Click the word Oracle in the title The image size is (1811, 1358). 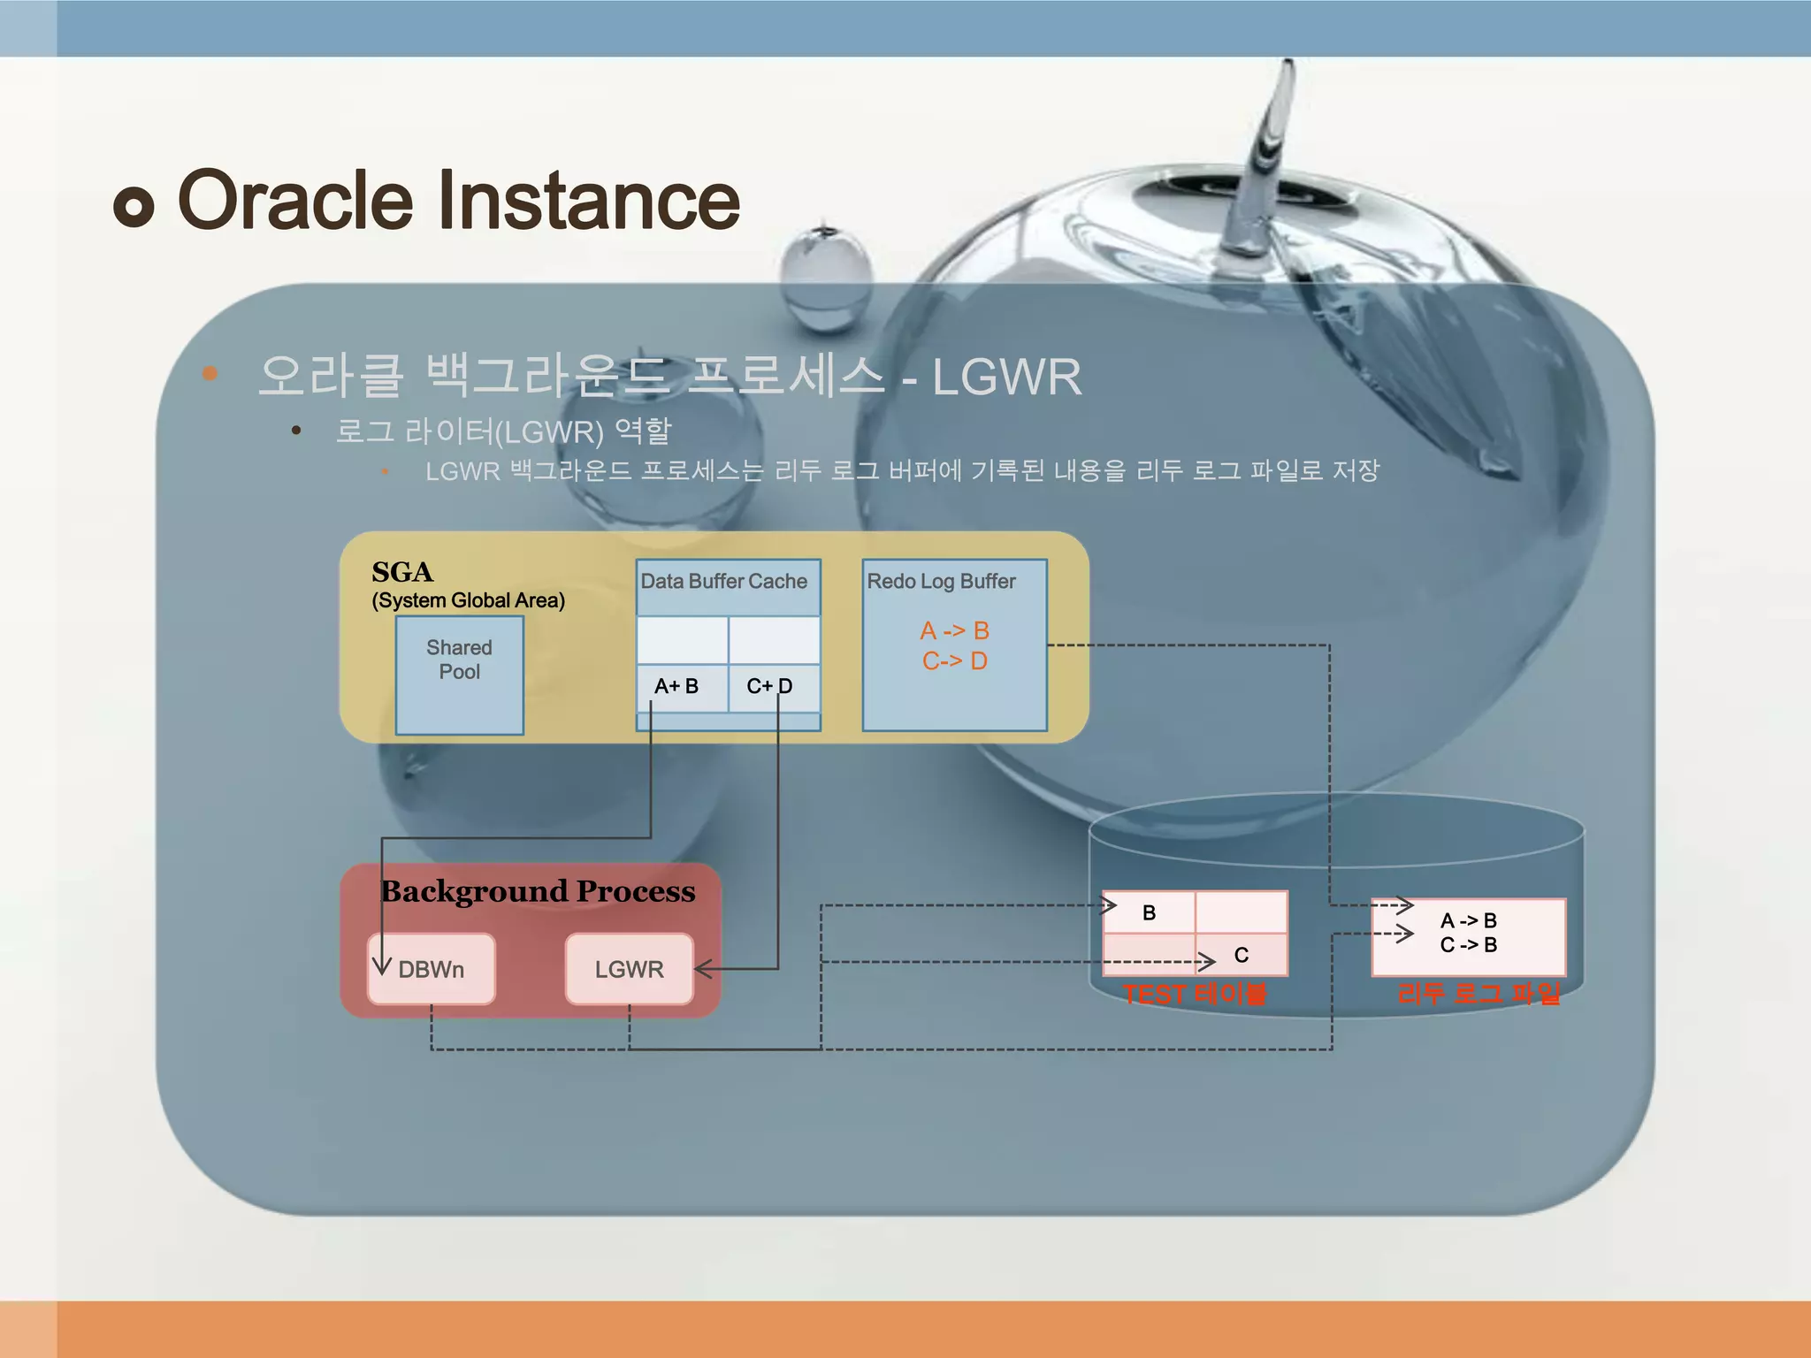coord(295,202)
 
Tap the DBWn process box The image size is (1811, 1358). coord(432,969)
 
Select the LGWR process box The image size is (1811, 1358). coord(629,969)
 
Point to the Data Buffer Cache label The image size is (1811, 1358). coord(723,582)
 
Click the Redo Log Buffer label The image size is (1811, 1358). coord(941,582)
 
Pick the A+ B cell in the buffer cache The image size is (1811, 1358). coord(676,686)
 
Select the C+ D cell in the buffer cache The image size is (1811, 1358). coord(768,686)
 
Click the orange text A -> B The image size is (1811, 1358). coord(954,630)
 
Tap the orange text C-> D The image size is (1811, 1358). coord(954,660)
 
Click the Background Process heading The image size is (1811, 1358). coord(538,891)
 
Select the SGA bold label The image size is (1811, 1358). coord(402,572)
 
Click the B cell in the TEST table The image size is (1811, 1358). coord(1149,913)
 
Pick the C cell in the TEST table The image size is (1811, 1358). coord(1241,955)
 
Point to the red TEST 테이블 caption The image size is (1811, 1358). coord(1194,994)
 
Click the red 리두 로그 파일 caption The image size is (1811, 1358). coord(1479,994)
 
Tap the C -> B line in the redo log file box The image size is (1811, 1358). coord(1468,945)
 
